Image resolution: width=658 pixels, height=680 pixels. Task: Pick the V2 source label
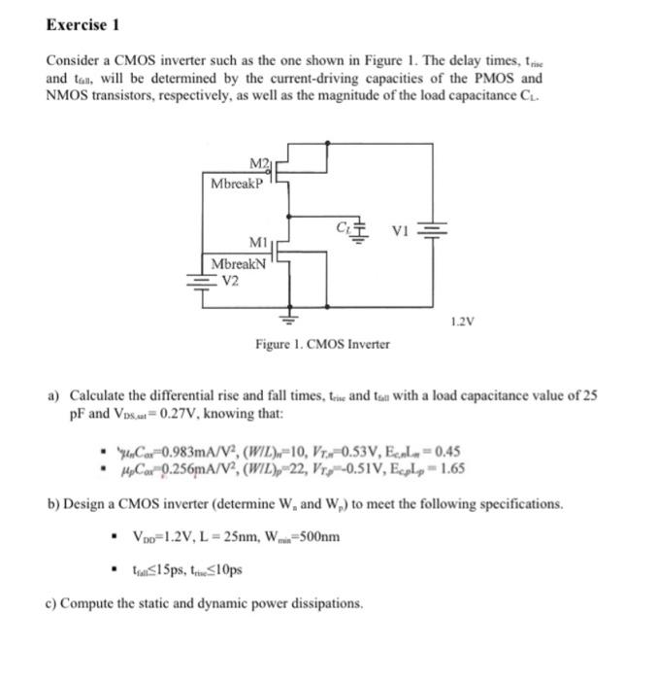(232, 281)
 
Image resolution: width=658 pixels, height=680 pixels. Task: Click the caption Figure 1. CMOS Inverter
(322, 344)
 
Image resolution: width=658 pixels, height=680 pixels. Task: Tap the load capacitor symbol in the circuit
(362, 231)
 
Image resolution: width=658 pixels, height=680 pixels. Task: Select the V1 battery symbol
(432, 231)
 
